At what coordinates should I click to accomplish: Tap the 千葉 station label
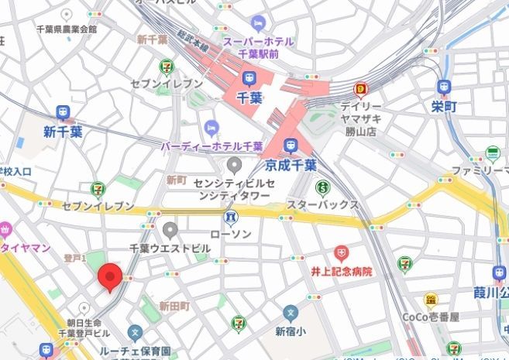248,98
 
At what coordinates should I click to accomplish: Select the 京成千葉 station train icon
291,146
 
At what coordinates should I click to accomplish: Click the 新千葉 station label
63,132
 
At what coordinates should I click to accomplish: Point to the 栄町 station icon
443,87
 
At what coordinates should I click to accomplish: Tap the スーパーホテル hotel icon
257,23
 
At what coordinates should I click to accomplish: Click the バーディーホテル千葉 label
212,146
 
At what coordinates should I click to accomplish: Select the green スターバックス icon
322,186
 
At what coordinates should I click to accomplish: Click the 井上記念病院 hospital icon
342,253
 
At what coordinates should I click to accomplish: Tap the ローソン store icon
230,214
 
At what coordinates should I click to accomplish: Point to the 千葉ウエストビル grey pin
170,229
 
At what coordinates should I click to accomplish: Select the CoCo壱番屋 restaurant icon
431,300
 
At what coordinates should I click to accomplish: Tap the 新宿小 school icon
291,314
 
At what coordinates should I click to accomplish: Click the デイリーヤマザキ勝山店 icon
360,89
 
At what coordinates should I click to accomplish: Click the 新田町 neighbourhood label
174,307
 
